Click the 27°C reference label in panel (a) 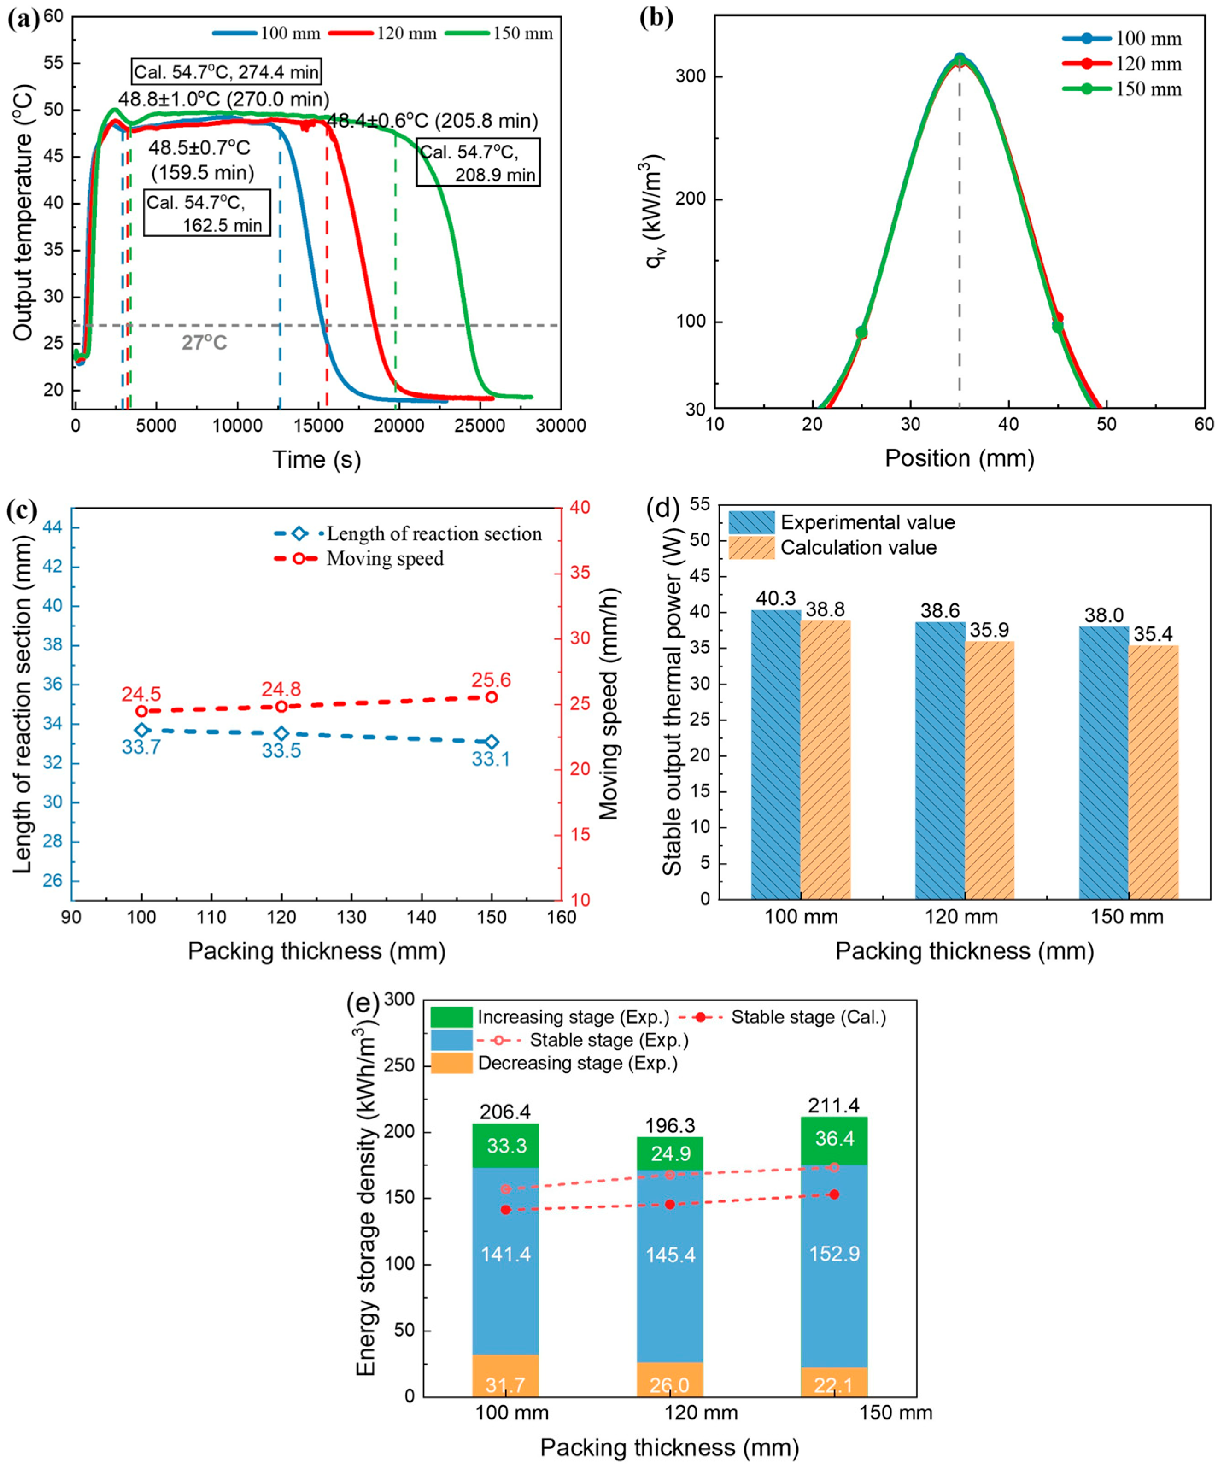204,343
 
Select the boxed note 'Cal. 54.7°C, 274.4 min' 227,72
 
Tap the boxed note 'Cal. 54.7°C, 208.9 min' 478,162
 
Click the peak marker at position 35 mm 960,59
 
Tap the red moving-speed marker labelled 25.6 492,697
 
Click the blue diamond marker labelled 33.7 142,730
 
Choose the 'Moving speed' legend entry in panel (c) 385,558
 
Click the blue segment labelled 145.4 670,1254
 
